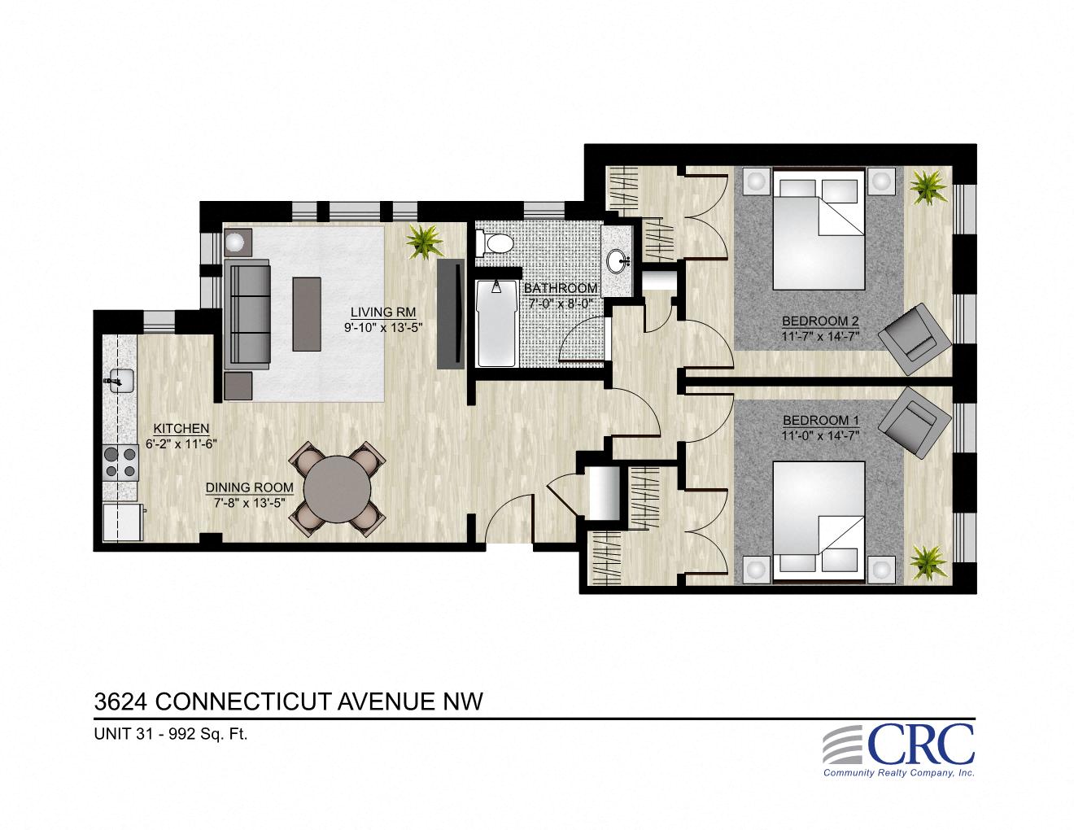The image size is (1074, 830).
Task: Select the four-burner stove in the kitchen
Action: point(119,461)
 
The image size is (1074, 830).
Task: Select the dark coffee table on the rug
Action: point(308,313)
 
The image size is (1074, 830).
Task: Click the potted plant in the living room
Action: point(424,241)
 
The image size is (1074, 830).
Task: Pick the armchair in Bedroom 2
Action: point(916,336)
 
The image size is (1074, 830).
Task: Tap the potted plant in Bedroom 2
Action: point(926,188)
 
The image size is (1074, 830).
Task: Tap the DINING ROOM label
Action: point(249,487)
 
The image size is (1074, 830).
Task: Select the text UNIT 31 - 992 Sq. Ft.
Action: point(171,733)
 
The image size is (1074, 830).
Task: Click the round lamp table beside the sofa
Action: point(238,242)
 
